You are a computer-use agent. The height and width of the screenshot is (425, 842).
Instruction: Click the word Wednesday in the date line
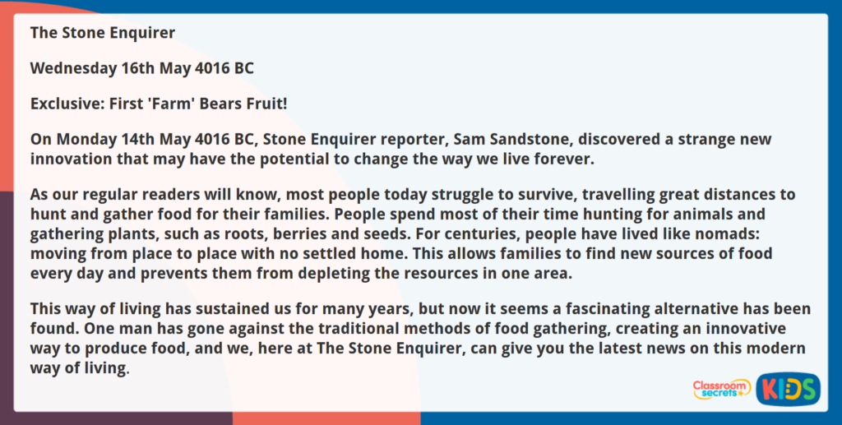(x=73, y=68)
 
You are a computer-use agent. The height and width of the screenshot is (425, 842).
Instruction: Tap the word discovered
(x=616, y=140)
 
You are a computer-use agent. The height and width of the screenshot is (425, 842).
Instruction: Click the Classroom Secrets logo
(x=721, y=389)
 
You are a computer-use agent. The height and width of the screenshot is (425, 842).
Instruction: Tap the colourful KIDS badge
(x=788, y=389)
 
